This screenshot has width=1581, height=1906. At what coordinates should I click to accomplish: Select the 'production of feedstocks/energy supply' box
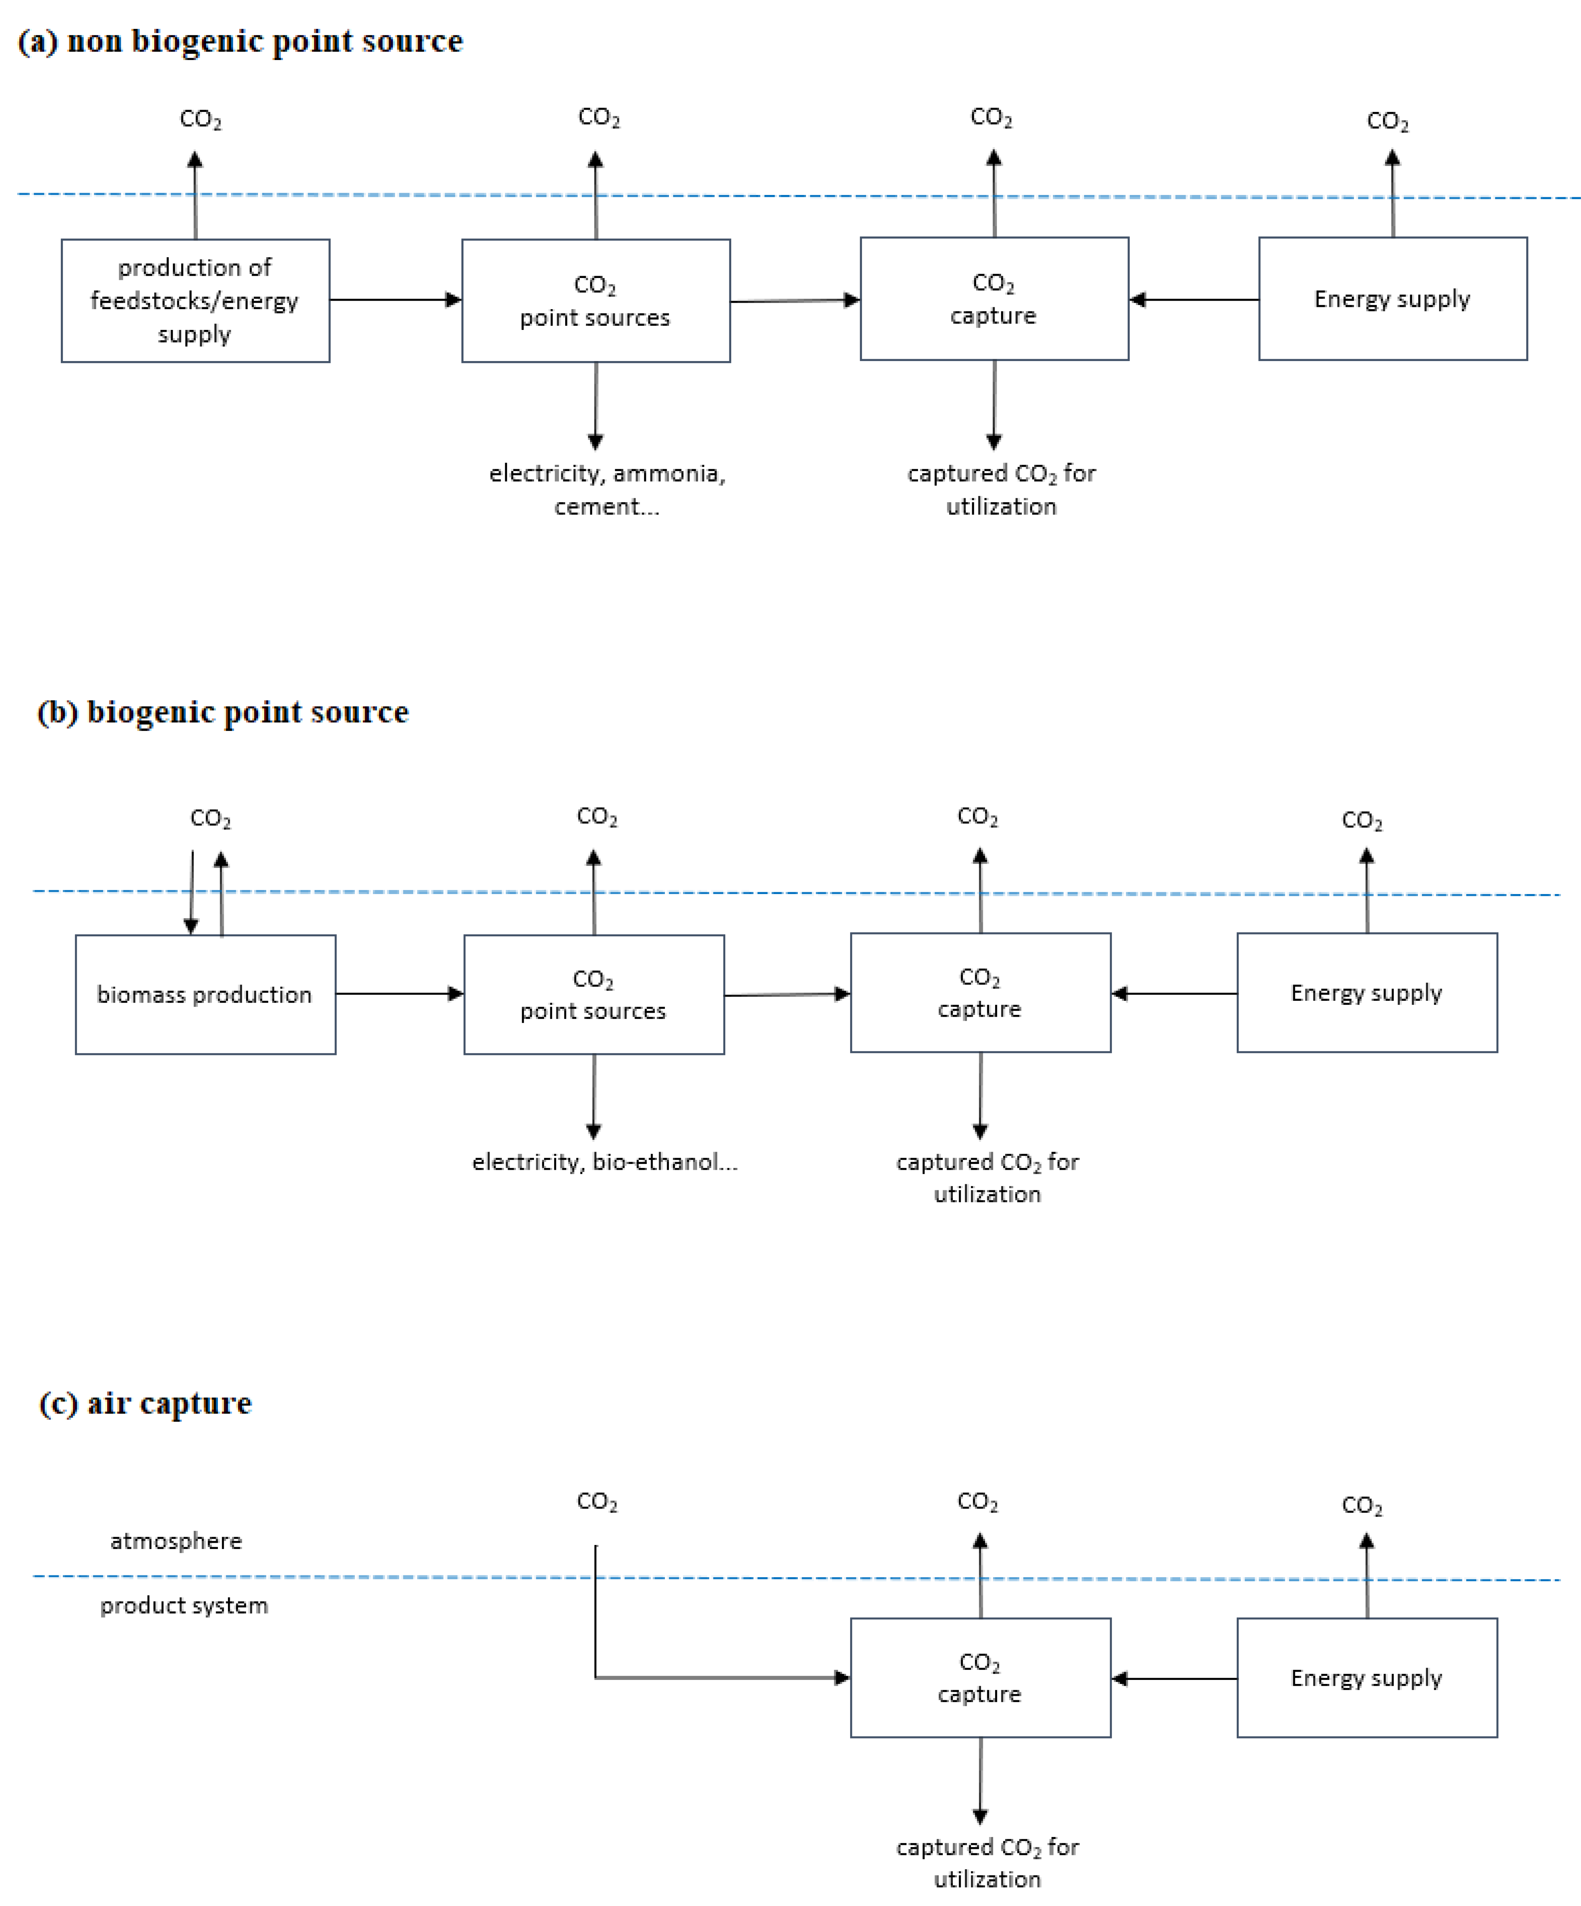click(x=195, y=300)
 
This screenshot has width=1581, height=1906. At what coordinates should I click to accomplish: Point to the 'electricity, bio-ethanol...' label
click(x=604, y=1162)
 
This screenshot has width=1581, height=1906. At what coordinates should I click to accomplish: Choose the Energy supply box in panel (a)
click(x=1392, y=299)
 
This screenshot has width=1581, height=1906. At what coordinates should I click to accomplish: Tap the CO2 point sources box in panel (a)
click(x=595, y=300)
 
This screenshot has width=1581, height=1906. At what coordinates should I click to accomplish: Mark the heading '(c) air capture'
click(x=145, y=1403)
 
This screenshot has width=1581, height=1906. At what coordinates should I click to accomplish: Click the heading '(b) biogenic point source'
click(x=222, y=712)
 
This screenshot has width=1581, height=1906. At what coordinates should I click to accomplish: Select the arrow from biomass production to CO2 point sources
click(x=400, y=994)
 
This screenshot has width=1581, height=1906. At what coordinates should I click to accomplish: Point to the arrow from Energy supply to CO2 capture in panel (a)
click(x=1193, y=300)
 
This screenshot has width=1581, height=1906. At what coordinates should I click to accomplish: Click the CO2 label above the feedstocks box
click(x=200, y=120)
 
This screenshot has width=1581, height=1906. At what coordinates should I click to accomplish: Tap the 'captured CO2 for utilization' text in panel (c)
click(x=987, y=1862)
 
